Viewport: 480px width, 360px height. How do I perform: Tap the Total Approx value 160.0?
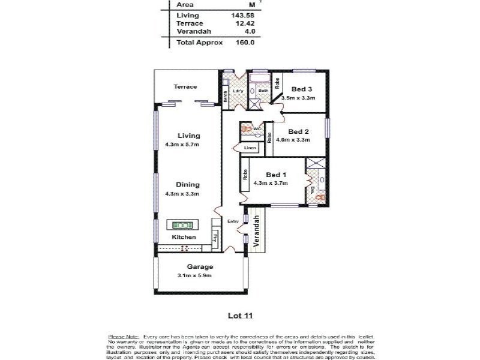click(244, 43)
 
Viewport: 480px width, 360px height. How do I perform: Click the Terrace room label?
click(185, 87)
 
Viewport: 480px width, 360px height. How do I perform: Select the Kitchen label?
click(184, 238)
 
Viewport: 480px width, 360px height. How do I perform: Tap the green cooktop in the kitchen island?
click(182, 226)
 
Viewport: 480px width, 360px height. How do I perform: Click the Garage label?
click(196, 267)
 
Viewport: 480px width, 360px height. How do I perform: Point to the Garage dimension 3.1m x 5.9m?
click(195, 275)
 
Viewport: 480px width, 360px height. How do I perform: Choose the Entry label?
click(233, 221)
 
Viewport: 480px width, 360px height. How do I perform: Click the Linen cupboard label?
click(250, 148)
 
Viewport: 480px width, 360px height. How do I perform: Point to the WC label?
click(257, 128)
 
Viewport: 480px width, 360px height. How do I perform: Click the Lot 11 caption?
click(239, 314)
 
